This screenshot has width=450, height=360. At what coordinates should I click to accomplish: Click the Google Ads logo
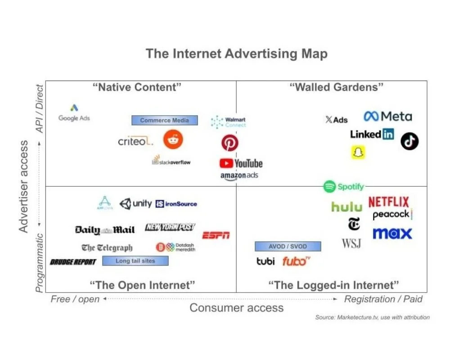[x=74, y=113]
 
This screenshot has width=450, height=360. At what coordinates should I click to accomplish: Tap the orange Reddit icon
[x=173, y=140]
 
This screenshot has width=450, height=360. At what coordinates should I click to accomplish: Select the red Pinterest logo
[x=229, y=143]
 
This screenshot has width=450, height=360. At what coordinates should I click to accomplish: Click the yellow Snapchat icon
[x=358, y=152]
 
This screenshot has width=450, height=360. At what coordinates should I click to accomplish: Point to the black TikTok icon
[x=409, y=141]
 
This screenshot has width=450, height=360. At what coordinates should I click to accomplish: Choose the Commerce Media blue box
[x=165, y=120]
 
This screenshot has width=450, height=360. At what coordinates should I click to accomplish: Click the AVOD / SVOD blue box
[x=288, y=247]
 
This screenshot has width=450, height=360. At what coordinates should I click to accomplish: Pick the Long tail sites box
[x=135, y=261]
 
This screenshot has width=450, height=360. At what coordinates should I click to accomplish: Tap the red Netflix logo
[x=388, y=202]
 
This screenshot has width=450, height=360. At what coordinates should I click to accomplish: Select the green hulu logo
[x=346, y=207]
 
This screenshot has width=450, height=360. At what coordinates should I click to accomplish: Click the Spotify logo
[x=344, y=186]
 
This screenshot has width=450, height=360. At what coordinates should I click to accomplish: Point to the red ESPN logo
[x=216, y=235]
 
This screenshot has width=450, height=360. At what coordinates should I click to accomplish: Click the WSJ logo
[x=351, y=243]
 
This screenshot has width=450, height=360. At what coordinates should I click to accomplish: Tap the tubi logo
[x=265, y=261]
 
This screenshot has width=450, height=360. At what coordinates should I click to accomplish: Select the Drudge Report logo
[x=73, y=262]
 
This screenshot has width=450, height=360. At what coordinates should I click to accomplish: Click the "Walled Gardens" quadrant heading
[x=337, y=87]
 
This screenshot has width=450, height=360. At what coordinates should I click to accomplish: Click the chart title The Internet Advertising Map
[x=236, y=54]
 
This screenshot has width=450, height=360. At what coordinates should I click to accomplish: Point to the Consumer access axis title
[x=237, y=308]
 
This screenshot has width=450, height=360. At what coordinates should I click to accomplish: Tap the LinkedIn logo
[x=372, y=134]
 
